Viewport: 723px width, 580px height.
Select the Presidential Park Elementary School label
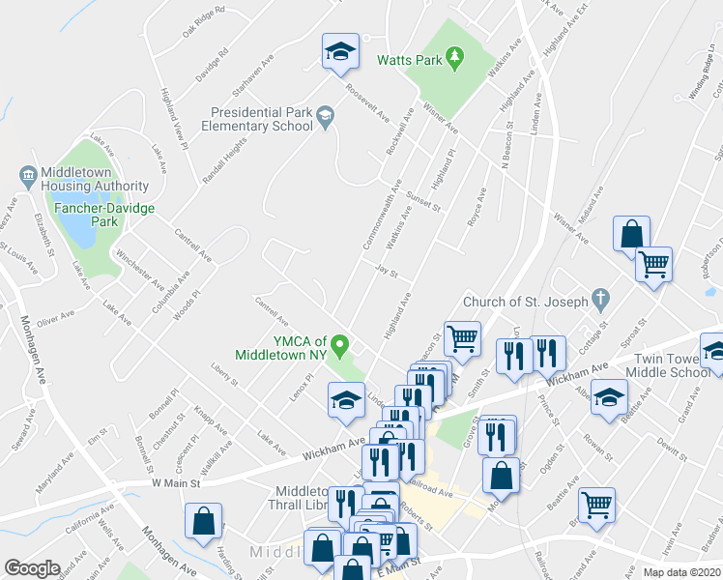257,119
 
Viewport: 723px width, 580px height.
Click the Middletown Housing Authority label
95,179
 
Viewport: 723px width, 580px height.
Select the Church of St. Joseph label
525,302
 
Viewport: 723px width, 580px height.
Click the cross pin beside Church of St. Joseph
600,300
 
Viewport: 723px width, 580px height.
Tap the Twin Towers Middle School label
674,364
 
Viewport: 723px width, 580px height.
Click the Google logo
32,568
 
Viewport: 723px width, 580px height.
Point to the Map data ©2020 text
681,572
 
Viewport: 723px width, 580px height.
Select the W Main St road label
175,482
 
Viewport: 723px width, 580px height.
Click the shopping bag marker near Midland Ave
631,234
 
